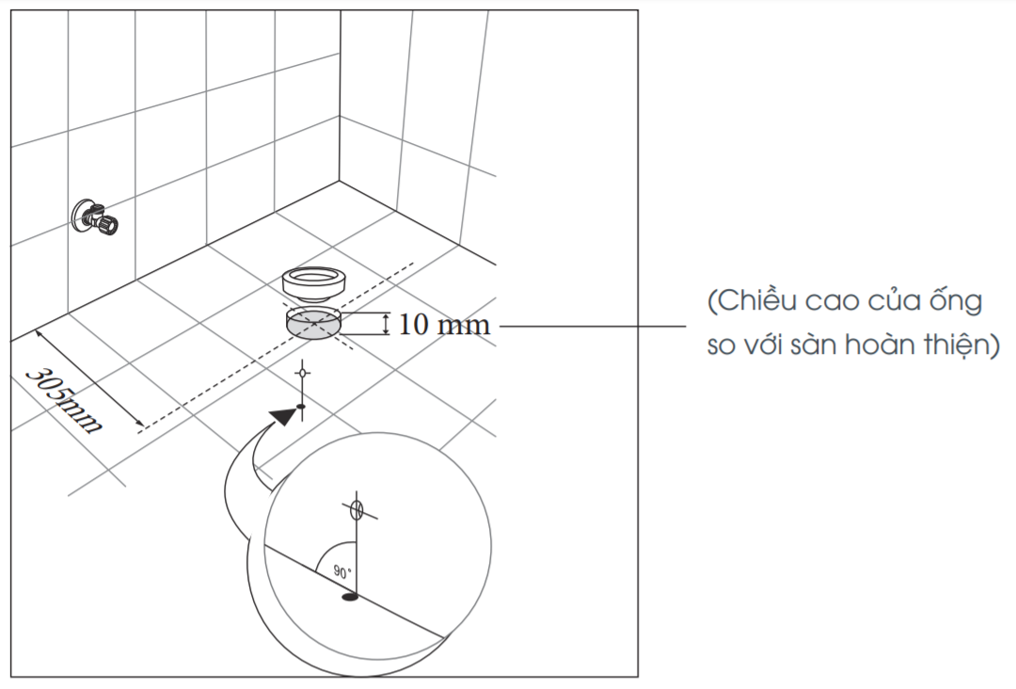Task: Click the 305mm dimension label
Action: tap(63, 401)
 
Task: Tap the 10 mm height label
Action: tap(444, 324)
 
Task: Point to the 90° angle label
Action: tap(342, 571)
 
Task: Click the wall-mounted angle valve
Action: tap(95, 217)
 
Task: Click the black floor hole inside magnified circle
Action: tap(350, 597)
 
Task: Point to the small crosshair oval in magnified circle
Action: tap(355, 510)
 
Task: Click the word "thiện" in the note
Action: tap(957, 344)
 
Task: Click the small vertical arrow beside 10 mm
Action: tap(387, 324)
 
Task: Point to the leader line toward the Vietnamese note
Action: tap(593, 326)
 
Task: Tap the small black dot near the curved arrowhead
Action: tap(301, 407)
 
